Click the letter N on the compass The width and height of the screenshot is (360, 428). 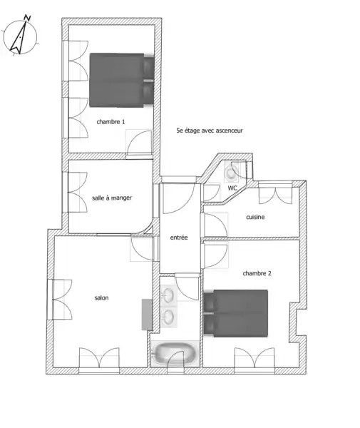point(27,18)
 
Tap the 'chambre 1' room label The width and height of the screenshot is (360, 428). point(110,122)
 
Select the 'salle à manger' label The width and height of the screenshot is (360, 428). point(112,198)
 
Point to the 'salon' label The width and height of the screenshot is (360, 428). point(101,297)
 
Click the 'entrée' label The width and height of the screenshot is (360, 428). point(179,238)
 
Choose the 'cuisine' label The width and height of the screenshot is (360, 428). point(255,217)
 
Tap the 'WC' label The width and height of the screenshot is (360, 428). point(232,188)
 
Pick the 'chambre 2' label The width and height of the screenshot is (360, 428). point(257,273)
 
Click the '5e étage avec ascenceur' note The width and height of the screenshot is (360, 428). point(210,131)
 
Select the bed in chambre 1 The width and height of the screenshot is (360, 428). point(122,80)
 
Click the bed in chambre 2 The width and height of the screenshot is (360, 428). point(236,313)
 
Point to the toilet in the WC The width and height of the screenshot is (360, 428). point(231,172)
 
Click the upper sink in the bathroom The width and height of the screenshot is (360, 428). point(168,295)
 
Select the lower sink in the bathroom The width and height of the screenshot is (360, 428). point(168,317)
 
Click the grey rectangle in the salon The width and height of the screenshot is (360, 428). point(147,315)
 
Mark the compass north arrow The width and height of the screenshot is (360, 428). point(19,36)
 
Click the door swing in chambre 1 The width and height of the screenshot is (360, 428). point(140,143)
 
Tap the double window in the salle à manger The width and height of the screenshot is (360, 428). point(75,192)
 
